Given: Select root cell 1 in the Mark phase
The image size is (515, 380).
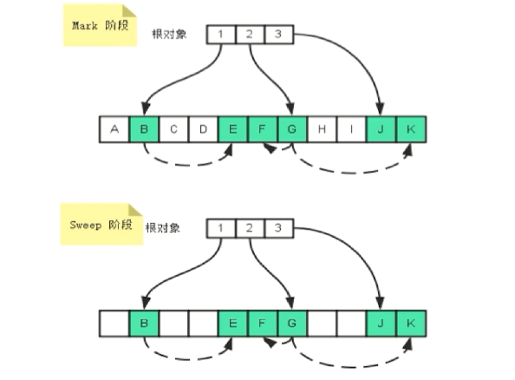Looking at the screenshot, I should pos(221,35).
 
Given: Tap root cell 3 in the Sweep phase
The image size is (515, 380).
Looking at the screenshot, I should pos(278,228).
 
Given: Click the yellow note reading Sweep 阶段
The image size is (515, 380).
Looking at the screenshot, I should pos(101,225).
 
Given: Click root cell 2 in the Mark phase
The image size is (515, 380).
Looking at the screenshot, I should pos(250,35).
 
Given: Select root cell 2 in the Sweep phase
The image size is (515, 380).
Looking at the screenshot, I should pos(250,228).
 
